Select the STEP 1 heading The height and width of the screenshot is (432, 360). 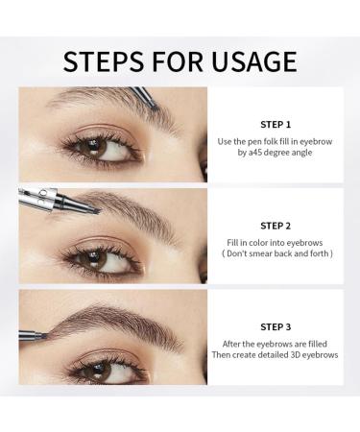coord(275,124)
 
